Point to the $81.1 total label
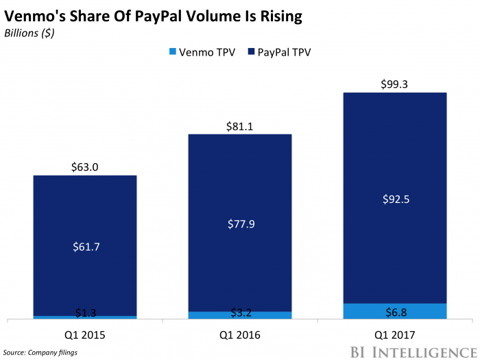(240, 125)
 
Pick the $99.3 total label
(395, 84)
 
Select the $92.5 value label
(395, 200)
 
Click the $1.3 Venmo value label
(85, 313)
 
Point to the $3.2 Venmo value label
(240, 313)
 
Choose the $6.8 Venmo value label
(395, 312)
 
